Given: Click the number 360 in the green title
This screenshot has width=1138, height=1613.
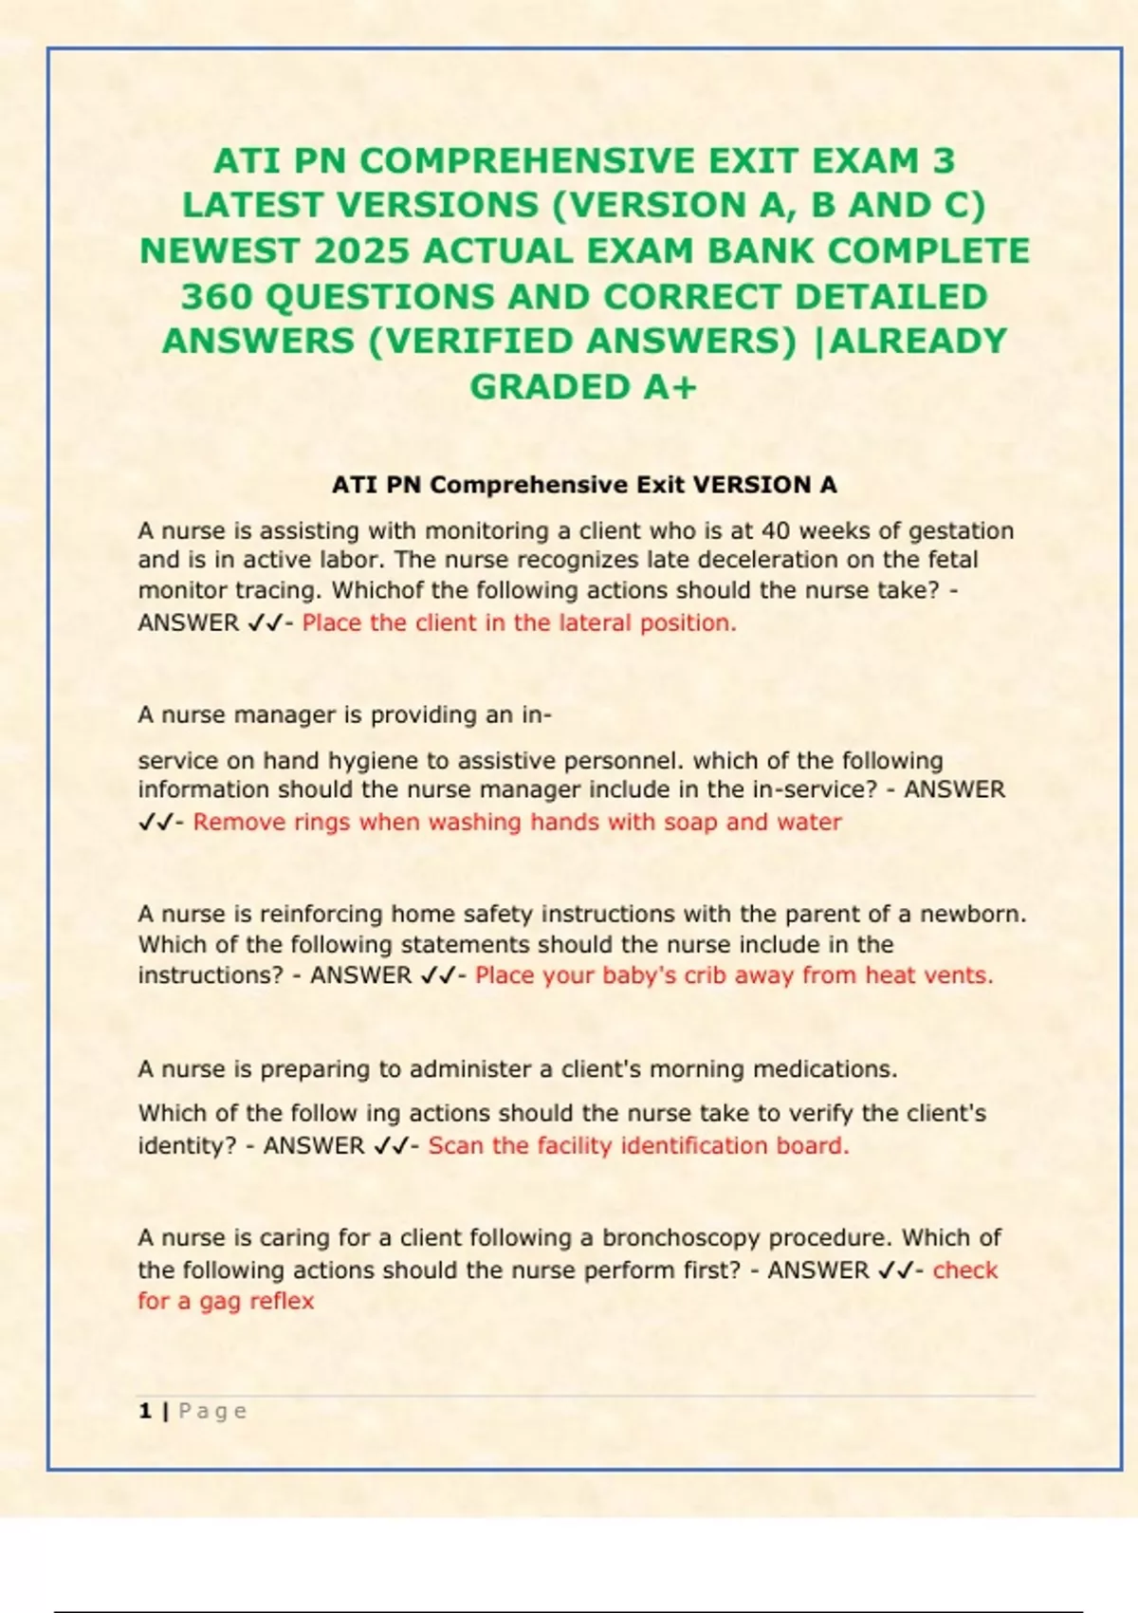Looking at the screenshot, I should click(217, 297).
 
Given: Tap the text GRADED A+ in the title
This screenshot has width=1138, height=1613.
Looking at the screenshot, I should click(583, 387).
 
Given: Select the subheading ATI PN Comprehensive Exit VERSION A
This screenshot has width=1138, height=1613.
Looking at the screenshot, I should click(584, 485).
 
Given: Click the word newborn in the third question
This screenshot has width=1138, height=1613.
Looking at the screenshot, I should click(972, 915).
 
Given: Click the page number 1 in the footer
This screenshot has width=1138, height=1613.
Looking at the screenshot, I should click(145, 1411).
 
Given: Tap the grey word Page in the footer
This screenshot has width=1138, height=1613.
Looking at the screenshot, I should click(212, 1411).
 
